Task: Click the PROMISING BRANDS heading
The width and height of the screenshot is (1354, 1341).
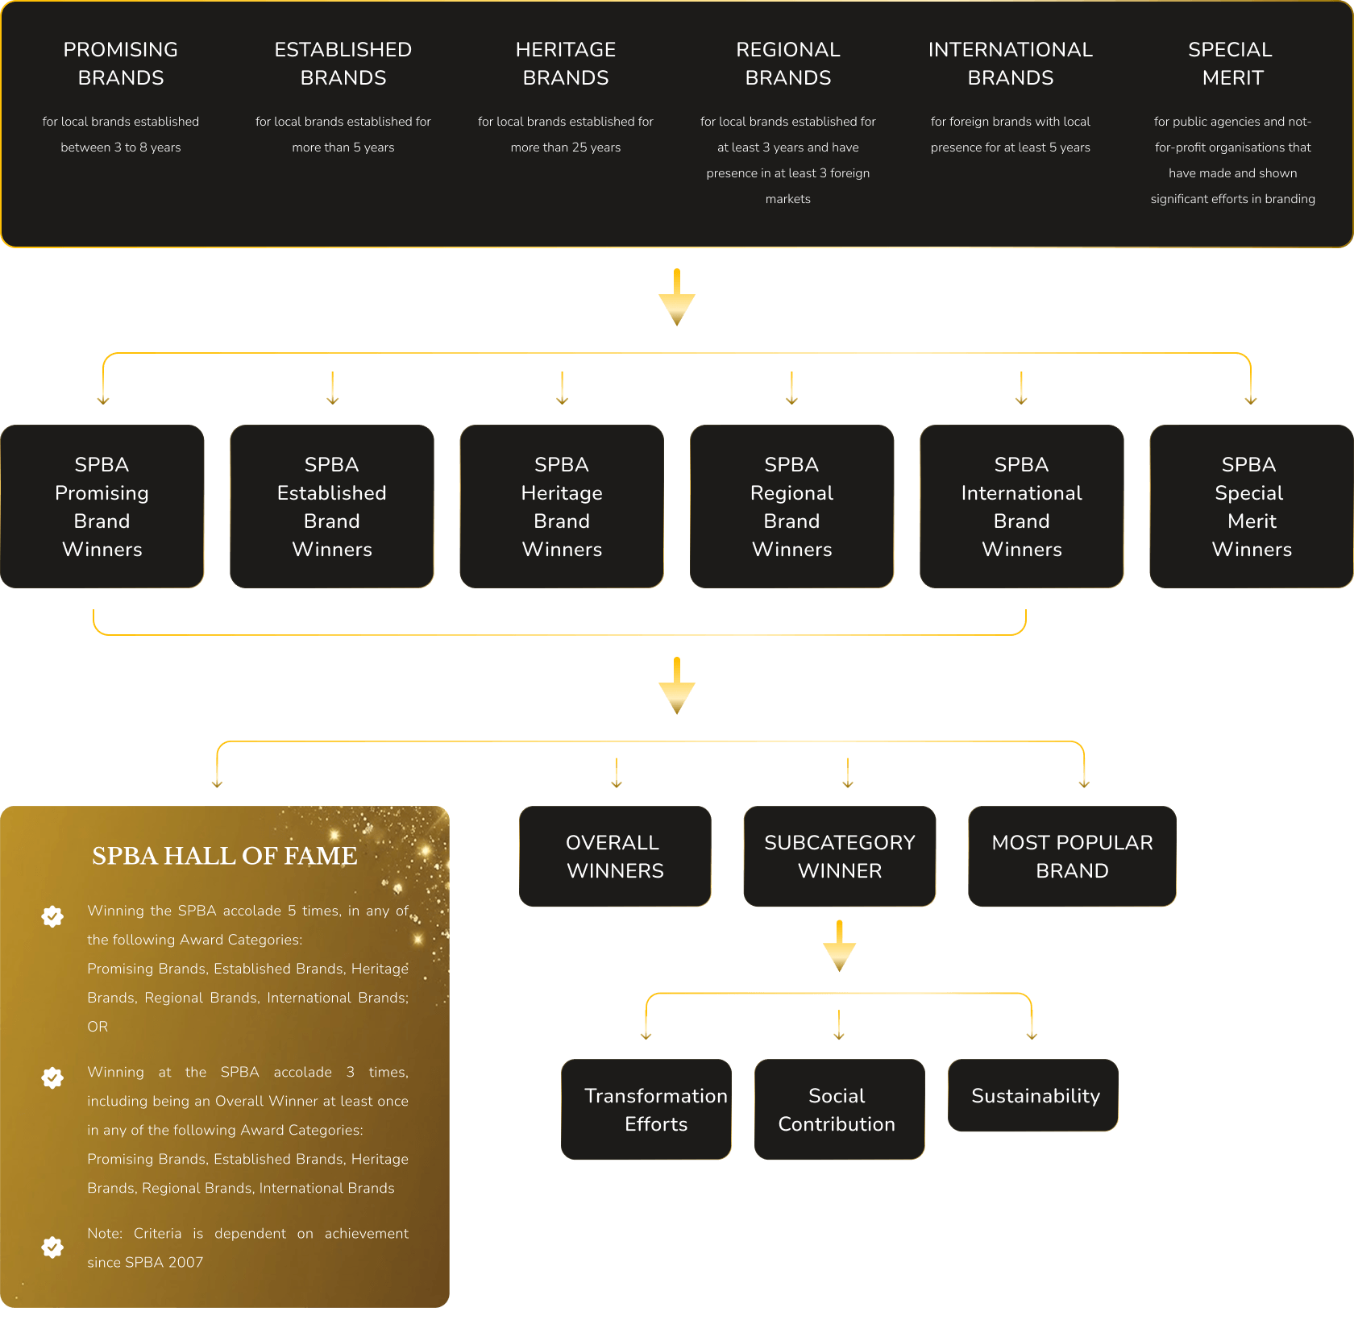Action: pyautogui.click(x=121, y=64)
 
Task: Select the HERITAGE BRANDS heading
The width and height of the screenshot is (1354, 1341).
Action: pyautogui.click(x=566, y=64)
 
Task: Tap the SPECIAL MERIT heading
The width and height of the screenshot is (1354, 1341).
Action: pyautogui.click(x=1231, y=64)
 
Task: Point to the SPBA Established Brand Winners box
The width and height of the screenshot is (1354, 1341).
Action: pyautogui.click(x=332, y=506)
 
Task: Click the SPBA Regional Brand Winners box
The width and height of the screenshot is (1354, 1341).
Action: pyautogui.click(x=791, y=506)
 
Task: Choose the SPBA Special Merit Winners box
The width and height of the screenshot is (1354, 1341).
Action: pyautogui.click(x=1252, y=506)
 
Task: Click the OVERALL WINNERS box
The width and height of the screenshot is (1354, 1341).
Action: pyautogui.click(x=615, y=856)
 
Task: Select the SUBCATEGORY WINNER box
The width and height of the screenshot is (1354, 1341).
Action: pyautogui.click(x=840, y=856)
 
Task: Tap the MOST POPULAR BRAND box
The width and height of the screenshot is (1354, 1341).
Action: pyautogui.click(x=1072, y=856)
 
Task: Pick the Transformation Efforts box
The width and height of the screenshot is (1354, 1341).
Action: pyautogui.click(x=646, y=1109)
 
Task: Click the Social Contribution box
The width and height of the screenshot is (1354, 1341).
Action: pyautogui.click(x=839, y=1109)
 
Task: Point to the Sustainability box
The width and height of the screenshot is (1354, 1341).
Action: pyautogui.click(x=1033, y=1095)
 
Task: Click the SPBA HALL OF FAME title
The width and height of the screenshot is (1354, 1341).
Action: pyautogui.click(x=225, y=856)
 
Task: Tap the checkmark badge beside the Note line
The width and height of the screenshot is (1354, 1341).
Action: pyautogui.click(x=52, y=1247)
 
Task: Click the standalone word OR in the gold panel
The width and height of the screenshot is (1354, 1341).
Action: pyautogui.click(x=98, y=1027)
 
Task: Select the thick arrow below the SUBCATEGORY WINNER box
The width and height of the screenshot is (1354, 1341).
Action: pyautogui.click(x=840, y=946)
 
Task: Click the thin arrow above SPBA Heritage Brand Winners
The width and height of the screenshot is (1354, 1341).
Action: pyautogui.click(x=563, y=388)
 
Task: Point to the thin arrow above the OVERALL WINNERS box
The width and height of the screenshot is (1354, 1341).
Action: pyautogui.click(x=617, y=773)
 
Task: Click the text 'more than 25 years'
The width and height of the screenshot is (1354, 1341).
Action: pyautogui.click(x=566, y=147)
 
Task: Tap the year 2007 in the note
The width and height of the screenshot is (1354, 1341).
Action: pyautogui.click(x=186, y=1262)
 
